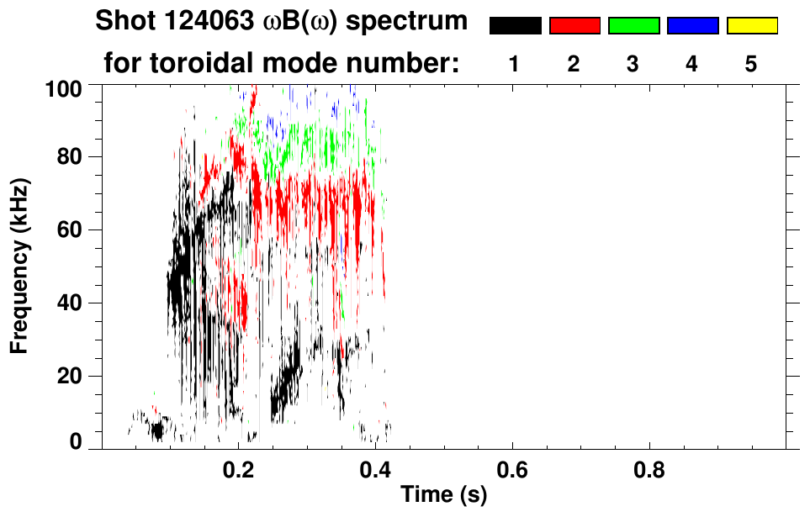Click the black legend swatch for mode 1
pyautogui.click(x=515, y=26)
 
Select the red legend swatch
pyautogui.click(x=574, y=26)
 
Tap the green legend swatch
pyautogui.click(x=633, y=26)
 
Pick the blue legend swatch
pyautogui.click(x=692, y=26)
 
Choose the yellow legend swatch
pyautogui.click(x=751, y=26)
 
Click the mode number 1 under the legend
pyautogui.click(x=514, y=64)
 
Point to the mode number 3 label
pyautogui.click(x=633, y=64)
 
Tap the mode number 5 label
pyautogui.click(x=751, y=64)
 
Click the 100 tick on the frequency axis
pyautogui.click(x=63, y=87)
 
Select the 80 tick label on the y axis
pyautogui.click(x=68, y=157)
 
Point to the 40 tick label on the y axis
pyautogui.click(x=68, y=303)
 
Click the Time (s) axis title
pyautogui.click(x=443, y=495)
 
